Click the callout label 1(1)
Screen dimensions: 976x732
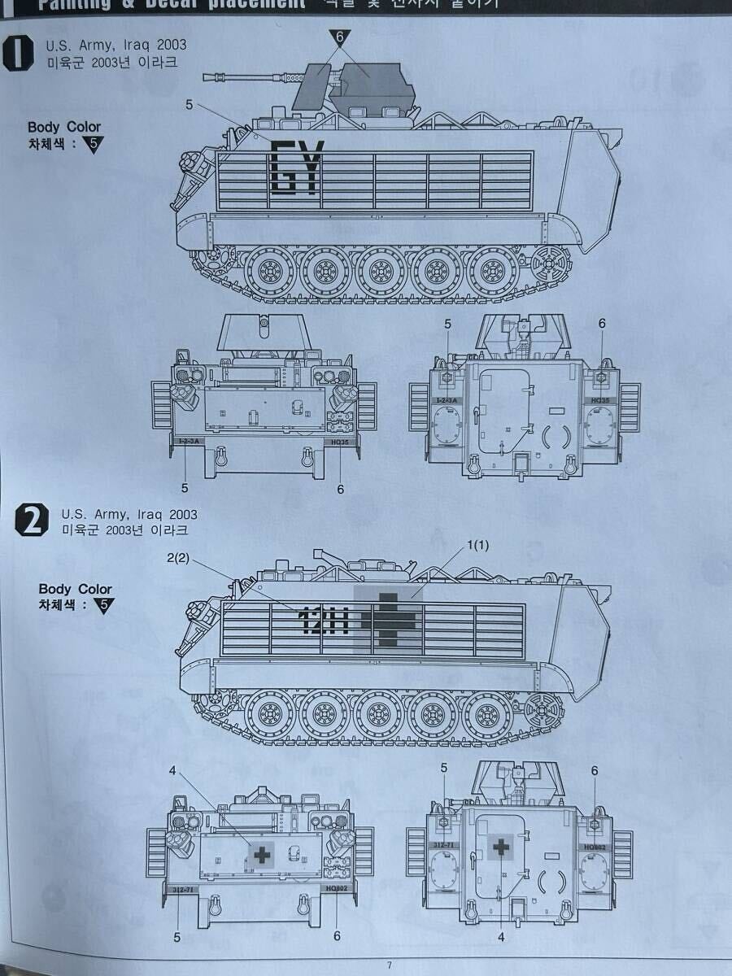click(x=481, y=547)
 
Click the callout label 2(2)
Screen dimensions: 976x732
click(x=177, y=557)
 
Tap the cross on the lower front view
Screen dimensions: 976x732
click(x=262, y=854)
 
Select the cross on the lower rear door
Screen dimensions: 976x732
click(x=501, y=847)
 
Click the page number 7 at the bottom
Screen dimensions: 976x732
click(x=389, y=965)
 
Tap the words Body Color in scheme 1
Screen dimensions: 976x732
click(x=64, y=127)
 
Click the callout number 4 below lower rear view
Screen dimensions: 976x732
click(x=501, y=936)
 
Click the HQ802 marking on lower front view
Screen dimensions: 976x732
click(x=335, y=890)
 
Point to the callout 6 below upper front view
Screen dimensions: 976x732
click(x=340, y=489)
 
